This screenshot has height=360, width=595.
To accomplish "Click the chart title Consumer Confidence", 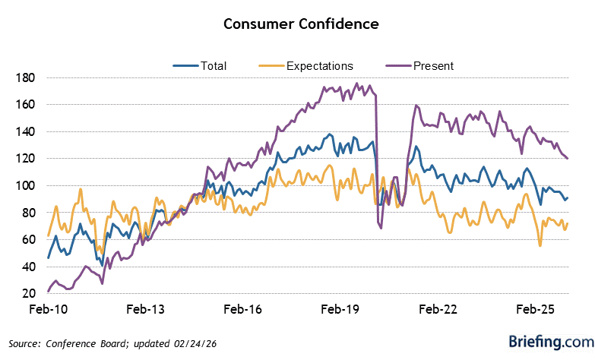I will pyautogui.click(x=301, y=24).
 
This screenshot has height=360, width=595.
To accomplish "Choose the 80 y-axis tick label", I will pyautogui.click(x=28, y=213).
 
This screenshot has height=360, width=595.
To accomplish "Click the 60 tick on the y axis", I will pyautogui.click(x=28, y=239).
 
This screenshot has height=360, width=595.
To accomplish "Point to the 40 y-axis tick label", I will pyautogui.click(x=28, y=267).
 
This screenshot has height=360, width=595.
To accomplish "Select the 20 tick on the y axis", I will pyautogui.click(x=28, y=293).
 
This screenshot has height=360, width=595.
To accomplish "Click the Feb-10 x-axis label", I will pyautogui.click(x=47, y=310).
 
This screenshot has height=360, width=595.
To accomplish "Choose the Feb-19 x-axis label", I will pyautogui.click(x=340, y=310).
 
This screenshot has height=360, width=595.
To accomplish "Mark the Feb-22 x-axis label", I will pyautogui.click(x=438, y=310).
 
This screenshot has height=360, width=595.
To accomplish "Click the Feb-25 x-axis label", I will pyautogui.click(x=536, y=310).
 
